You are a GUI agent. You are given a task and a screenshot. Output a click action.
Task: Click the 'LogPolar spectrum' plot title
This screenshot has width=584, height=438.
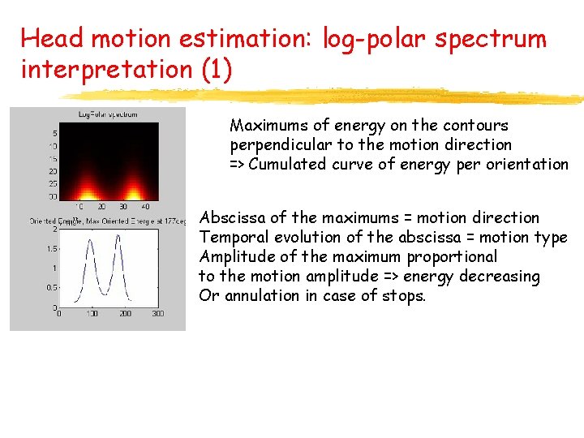(x=108, y=114)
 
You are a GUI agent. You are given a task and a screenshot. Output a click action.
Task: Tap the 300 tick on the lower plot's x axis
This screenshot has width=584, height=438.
(x=157, y=313)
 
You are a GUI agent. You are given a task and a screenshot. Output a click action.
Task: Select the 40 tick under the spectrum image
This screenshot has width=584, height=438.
(x=144, y=207)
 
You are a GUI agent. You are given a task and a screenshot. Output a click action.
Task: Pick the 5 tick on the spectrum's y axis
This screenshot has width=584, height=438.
(x=54, y=133)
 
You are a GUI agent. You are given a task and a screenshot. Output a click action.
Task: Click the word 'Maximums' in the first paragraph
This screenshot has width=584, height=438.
(x=263, y=126)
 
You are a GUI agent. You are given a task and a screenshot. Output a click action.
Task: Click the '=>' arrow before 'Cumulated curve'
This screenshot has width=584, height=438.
(x=238, y=165)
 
